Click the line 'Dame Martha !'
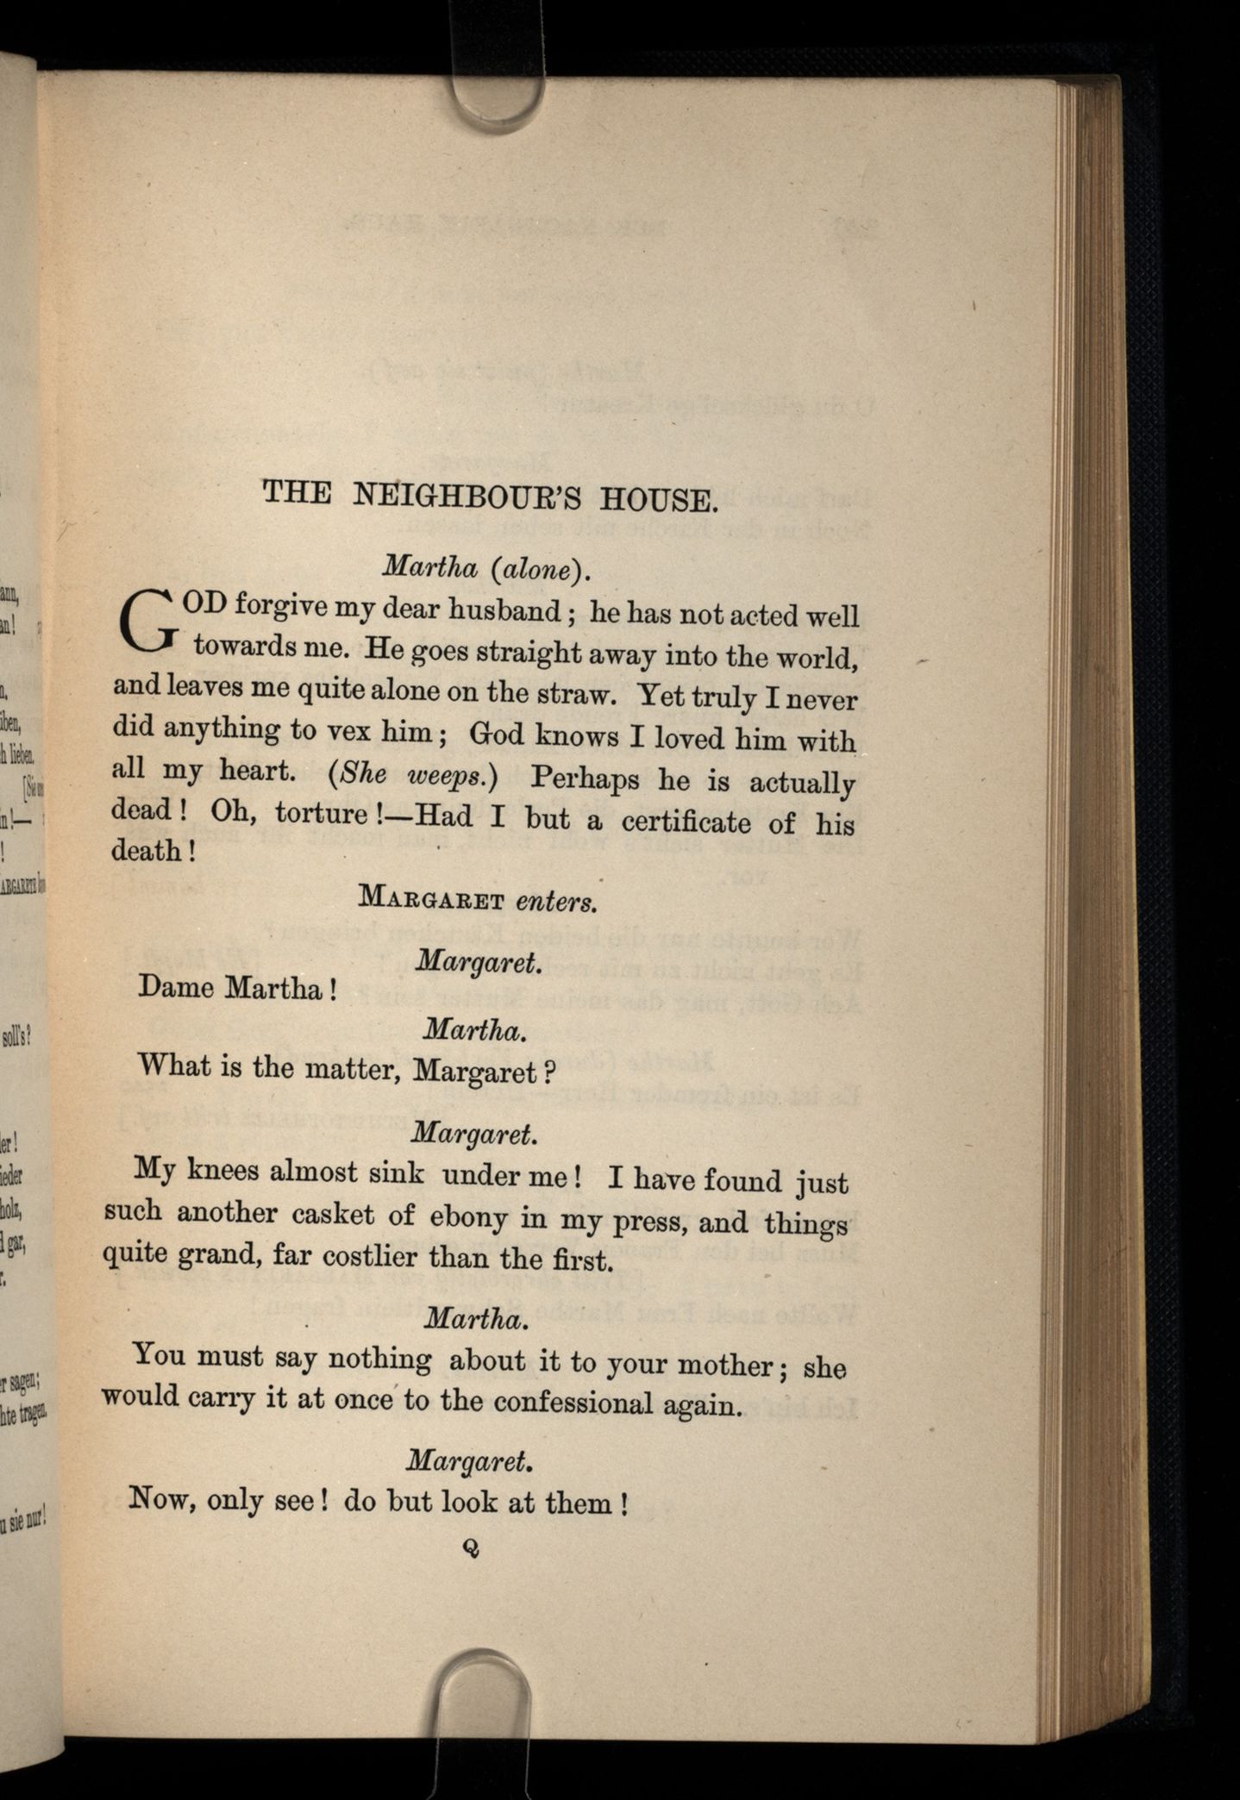click(x=236, y=987)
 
